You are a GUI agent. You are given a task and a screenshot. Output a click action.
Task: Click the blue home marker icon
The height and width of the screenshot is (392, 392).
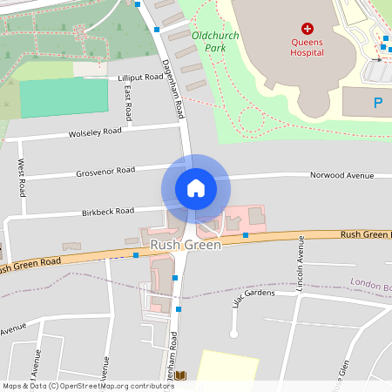tap(196, 187)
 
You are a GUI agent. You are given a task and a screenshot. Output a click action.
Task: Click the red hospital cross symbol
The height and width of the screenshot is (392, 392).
tap(307, 29)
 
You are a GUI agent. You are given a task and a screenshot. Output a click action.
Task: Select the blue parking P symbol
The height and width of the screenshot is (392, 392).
tap(378, 103)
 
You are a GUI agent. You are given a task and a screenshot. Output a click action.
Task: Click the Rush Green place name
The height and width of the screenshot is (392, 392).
tap(186, 245)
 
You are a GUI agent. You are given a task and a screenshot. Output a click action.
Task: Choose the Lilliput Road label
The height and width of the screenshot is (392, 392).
tap(140, 78)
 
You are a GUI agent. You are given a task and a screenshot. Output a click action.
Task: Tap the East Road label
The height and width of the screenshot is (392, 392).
tap(128, 103)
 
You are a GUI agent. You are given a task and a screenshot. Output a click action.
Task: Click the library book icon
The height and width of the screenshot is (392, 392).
tap(180, 375)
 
